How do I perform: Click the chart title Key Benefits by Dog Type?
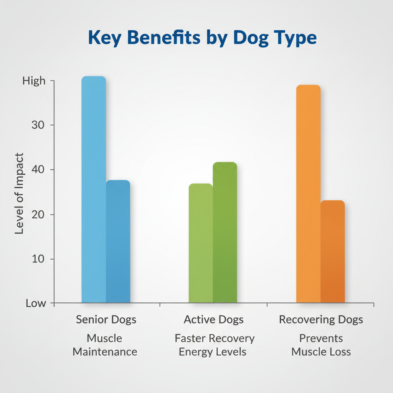pyautogui.click(x=202, y=38)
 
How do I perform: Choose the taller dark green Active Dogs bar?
pyautogui.click(x=225, y=232)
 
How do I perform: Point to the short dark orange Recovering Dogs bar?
pyautogui.click(x=333, y=251)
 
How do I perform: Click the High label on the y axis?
pyautogui.click(x=34, y=81)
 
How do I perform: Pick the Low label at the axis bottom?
pyautogui.click(x=36, y=304)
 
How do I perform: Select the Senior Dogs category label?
pyautogui.click(x=106, y=320)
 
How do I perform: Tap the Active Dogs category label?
pyautogui.click(x=213, y=320)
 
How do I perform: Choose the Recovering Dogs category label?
pyautogui.click(x=321, y=320)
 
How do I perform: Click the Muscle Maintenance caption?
pyautogui.click(x=105, y=345)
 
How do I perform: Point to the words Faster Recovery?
pyautogui.click(x=215, y=339)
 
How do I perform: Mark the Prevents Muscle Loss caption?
pyautogui.click(x=321, y=345)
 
